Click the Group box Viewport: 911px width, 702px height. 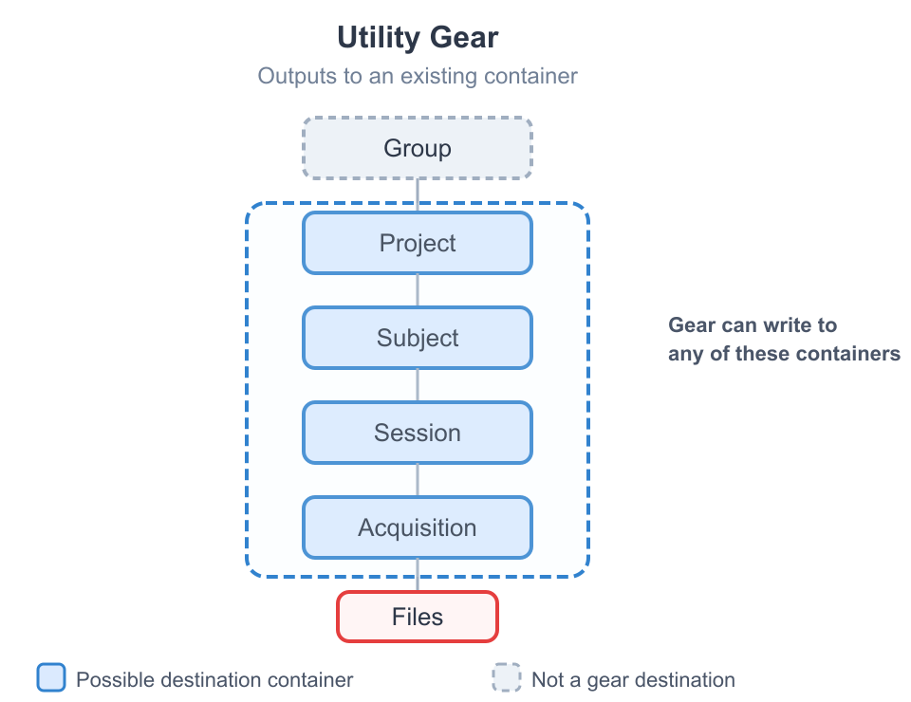tap(418, 148)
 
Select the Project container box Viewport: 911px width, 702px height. tap(418, 243)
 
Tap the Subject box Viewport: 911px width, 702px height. tap(418, 338)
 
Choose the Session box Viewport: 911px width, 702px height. tap(418, 433)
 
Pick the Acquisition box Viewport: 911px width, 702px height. tap(418, 527)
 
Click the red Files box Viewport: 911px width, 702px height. tap(418, 617)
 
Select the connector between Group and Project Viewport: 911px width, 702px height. tap(418, 194)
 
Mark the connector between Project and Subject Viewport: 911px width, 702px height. tap(418, 290)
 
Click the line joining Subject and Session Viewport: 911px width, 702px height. tap(418, 385)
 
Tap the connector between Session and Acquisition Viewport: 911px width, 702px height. tap(418, 480)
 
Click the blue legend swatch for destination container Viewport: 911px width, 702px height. tap(51, 678)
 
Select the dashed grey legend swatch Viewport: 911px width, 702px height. tap(507, 678)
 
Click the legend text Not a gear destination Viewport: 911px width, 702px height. tap(633, 679)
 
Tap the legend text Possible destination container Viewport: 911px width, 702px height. tap(214, 679)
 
